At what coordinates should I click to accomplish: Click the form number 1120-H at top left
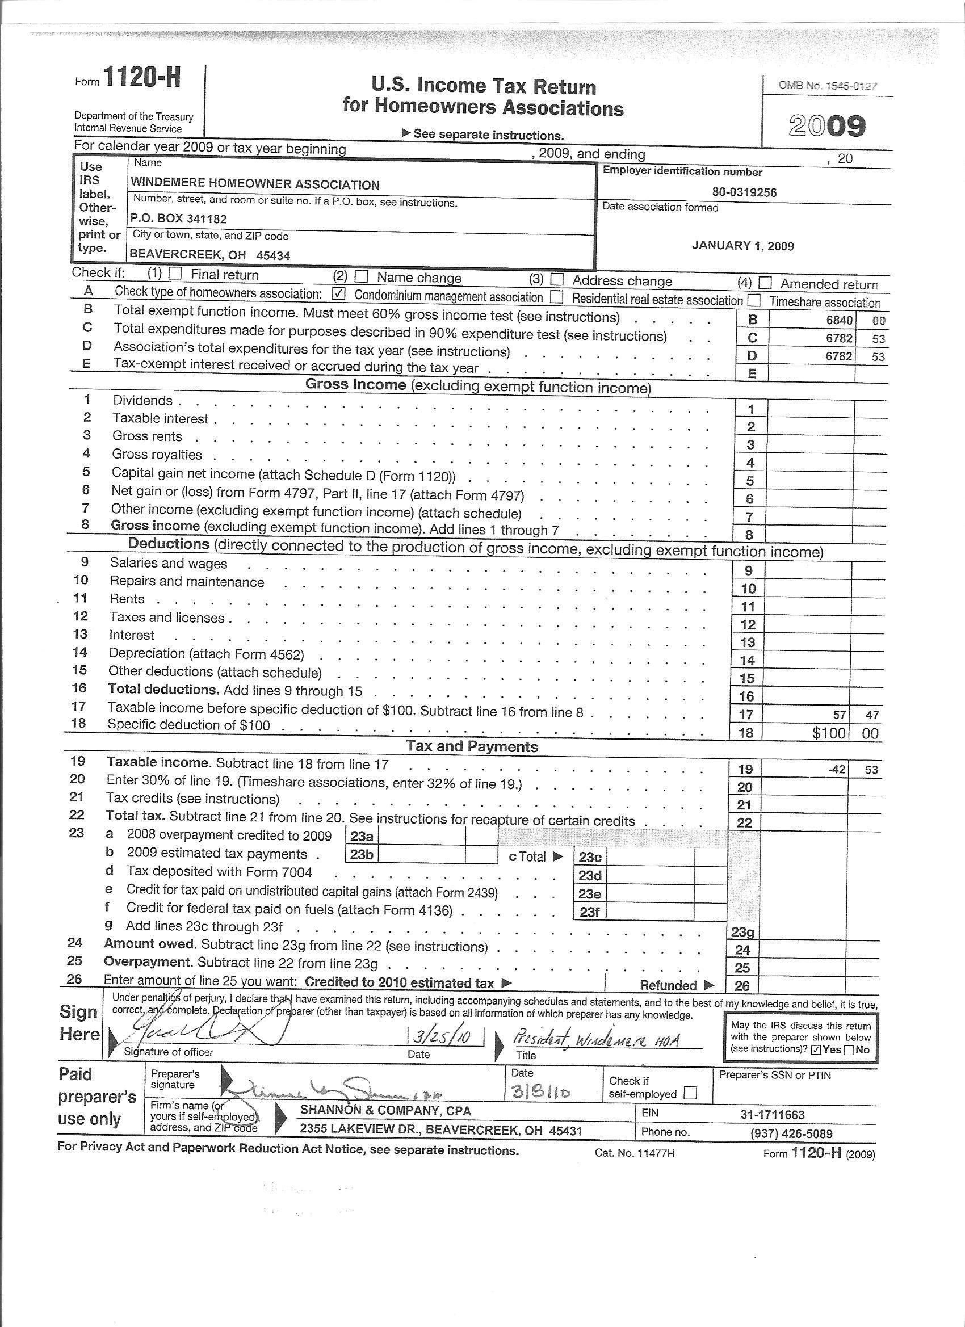(x=141, y=78)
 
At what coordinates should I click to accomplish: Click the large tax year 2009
(x=826, y=126)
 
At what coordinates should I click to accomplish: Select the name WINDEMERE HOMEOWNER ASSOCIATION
(x=255, y=185)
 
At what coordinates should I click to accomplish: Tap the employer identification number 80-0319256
(x=744, y=192)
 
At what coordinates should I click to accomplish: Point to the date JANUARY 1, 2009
(x=742, y=246)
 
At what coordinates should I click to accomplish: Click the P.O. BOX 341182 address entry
(x=178, y=219)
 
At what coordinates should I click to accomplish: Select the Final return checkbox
(x=175, y=274)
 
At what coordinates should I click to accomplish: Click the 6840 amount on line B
(x=838, y=321)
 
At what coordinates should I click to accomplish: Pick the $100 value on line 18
(x=829, y=733)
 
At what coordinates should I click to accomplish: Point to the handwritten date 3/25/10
(x=446, y=1038)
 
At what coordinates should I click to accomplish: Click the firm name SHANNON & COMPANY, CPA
(x=385, y=1111)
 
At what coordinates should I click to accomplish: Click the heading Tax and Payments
(x=472, y=746)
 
